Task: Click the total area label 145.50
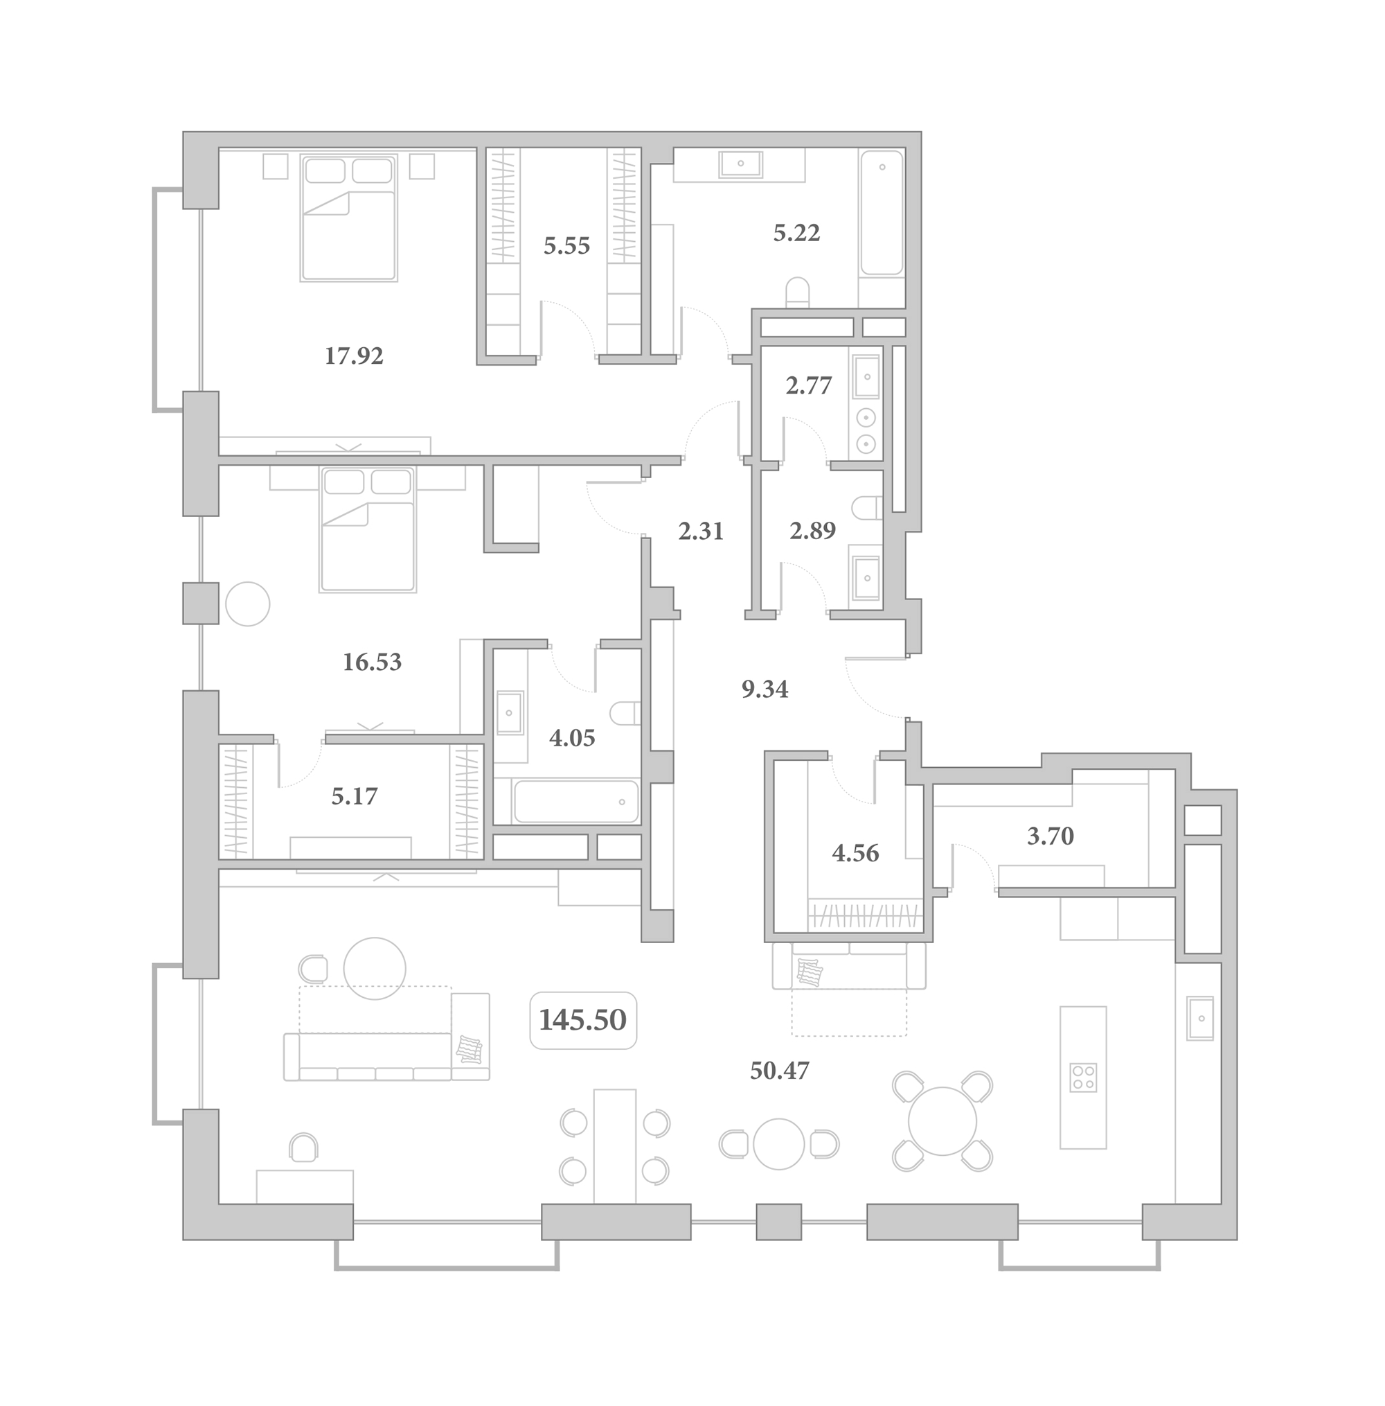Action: pyautogui.click(x=582, y=1019)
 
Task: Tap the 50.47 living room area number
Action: pyautogui.click(x=779, y=1071)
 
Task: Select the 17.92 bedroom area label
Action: pyautogui.click(x=354, y=356)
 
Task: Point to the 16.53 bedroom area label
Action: pyautogui.click(x=372, y=662)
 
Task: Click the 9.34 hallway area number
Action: pyautogui.click(x=765, y=688)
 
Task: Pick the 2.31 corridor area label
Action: pyautogui.click(x=701, y=531)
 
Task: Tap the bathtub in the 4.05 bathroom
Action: pyautogui.click(x=575, y=801)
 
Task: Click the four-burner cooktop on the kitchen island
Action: pyautogui.click(x=1083, y=1078)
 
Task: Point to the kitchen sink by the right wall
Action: pyautogui.click(x=1200, y=1018)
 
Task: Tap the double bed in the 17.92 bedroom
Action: pyautogui.click(x=349, y=218)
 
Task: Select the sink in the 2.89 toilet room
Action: pyautogui.click(x=866, y=578)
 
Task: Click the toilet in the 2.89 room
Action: pyautogui.click(x=868, y=508)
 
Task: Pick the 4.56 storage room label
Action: pyautogui.click(x=855, y=853)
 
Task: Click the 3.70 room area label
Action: pyautogui.click(x=1051, y=836)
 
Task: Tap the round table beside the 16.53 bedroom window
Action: pyautogui.click(x=247, y=604)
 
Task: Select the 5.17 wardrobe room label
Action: pyautogui.click(x=355, y=796)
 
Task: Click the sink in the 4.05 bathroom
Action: pyautogui.click(x=509, y=712)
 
